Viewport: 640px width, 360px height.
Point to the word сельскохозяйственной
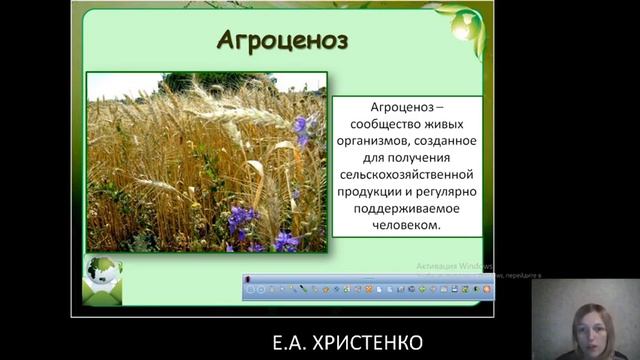[404, 175]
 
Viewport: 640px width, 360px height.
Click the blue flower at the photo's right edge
[304, 129]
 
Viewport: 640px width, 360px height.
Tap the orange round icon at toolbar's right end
[486, 290]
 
